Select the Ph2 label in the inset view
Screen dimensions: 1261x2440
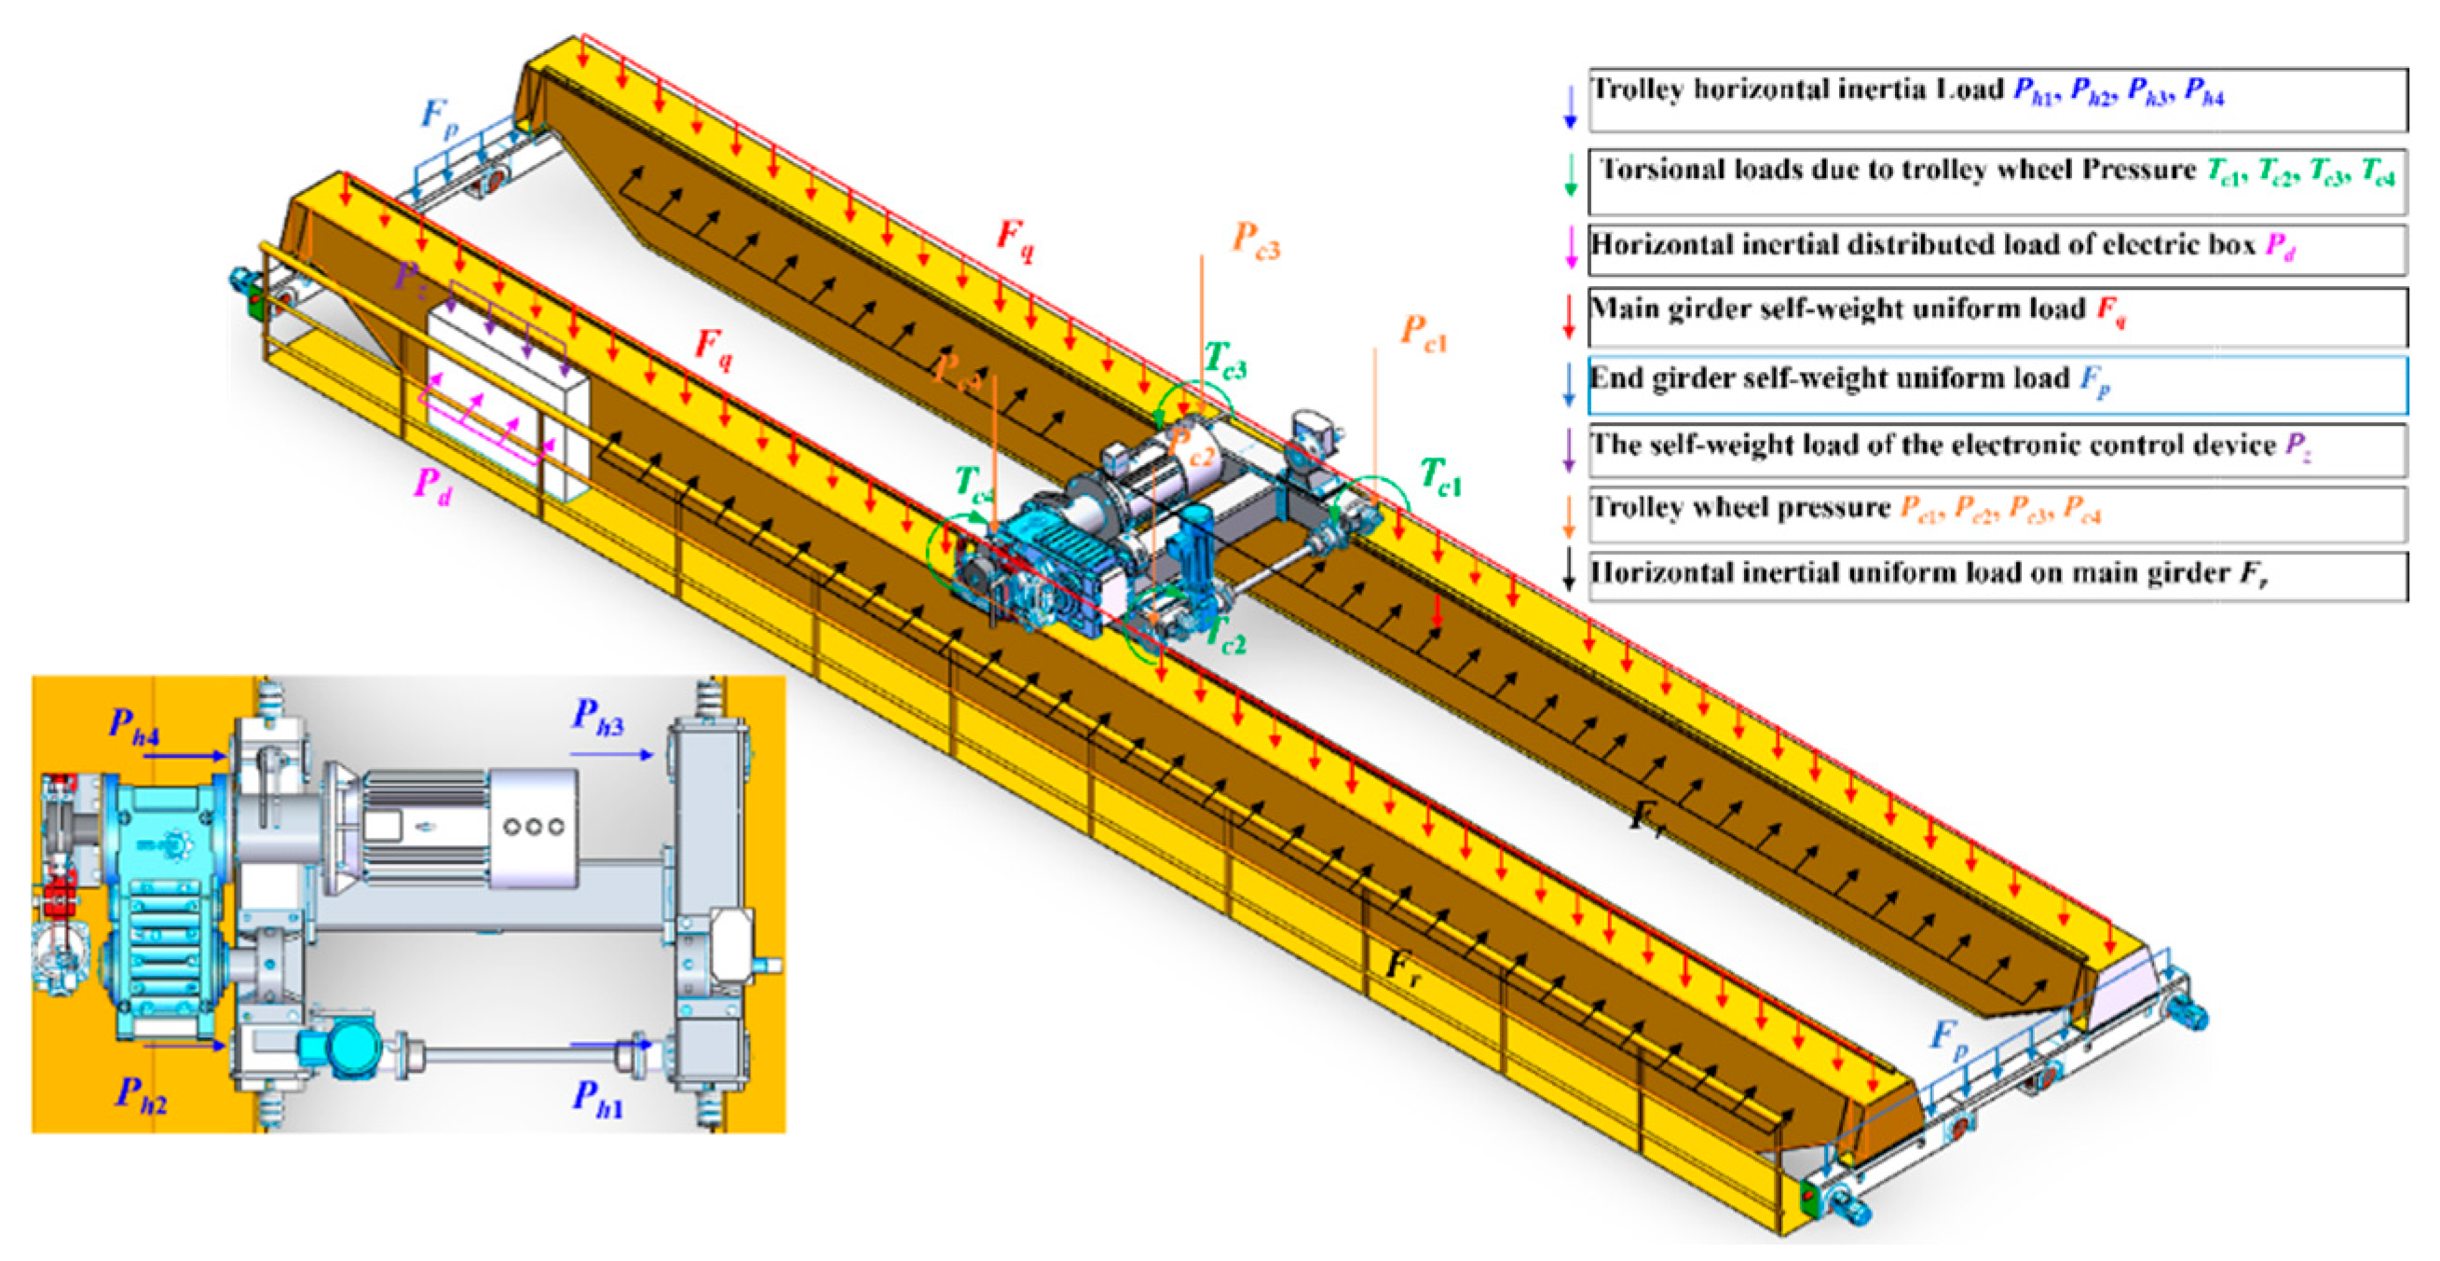click(x=140, y=1094)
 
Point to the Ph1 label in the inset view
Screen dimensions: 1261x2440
click(x=598, y=1099)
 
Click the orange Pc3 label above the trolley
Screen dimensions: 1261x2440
click(x=1255, y=239)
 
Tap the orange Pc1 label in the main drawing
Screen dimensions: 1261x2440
click(x=1424, y=334)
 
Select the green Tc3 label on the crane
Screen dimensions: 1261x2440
click(x=1225, y=361)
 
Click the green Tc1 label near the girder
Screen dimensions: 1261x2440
click(x=1439, y=475)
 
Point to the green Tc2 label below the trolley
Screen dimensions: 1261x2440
click(x=1226, y=636)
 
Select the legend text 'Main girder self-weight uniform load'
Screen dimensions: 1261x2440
click(x=1837, y=308)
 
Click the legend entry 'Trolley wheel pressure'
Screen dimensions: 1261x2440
click(x=1741, y=508)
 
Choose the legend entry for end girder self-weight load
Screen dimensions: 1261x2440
click(x=1828, y=379)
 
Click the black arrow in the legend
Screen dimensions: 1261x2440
click(x=1569, y=572)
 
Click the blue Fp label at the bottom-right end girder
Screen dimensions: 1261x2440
click(x=1948, y=1037)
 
